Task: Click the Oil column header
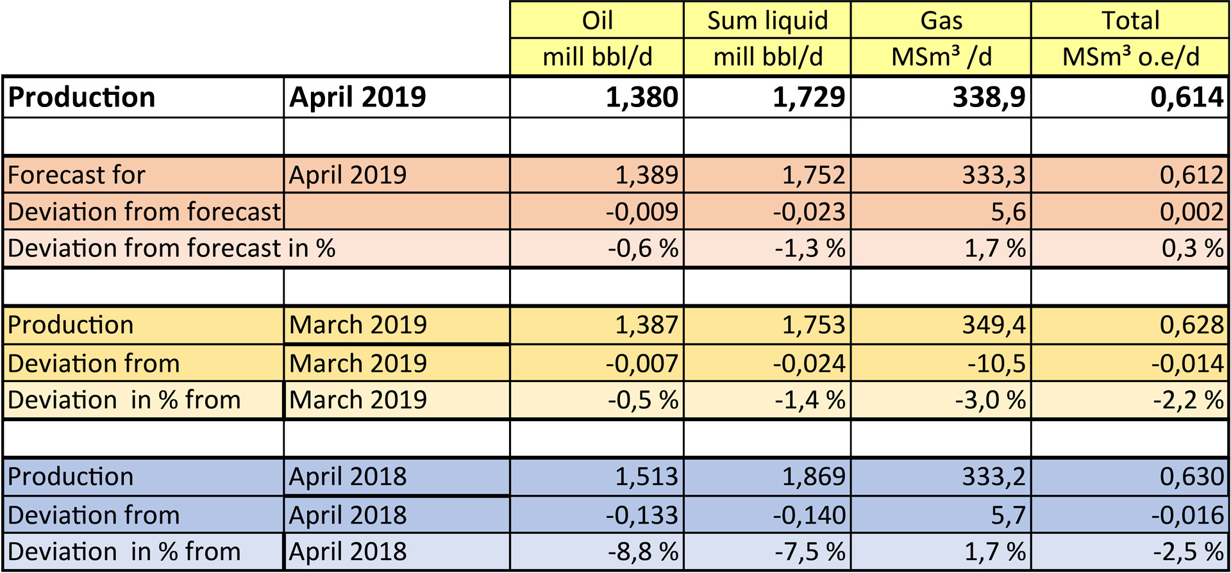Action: click(x=597, y=21)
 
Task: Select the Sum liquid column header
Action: click(x=767, y=21)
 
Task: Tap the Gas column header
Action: click(x=941, y=21)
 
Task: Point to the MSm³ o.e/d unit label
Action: click(x=1130, y=57)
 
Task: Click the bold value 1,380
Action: click(x=642, y=97)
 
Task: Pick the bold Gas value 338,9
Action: click(x=989, y=97)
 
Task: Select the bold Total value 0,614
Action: click(x=1187, y=97)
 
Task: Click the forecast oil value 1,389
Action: click(x=646, y=175)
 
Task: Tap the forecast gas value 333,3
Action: click(x=993, y=175)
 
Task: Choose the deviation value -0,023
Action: click(x=808, y=212)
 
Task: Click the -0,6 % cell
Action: click(x=643, y=249)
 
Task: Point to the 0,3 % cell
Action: click(x=1193, y=249)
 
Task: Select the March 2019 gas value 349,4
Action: click(x=993, y=325)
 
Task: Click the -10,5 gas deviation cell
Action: click(x=996, y=364)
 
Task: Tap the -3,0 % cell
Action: click(x=990, y=401)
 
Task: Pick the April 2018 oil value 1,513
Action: click(x=646, y=477)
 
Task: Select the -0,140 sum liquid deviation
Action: click(x=808, y=515)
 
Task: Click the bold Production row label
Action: click(x=81, y=97)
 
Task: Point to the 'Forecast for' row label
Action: click(x=76, y=175)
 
